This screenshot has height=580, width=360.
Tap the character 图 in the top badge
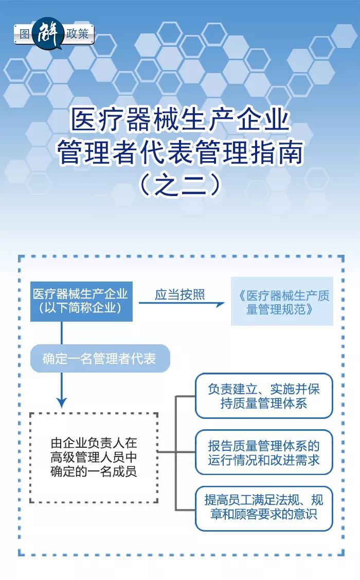[24, 34]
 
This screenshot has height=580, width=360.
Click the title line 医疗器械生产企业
[180, 119]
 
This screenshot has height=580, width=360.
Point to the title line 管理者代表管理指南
[180, 151]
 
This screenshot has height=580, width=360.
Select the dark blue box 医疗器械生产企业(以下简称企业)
[81, 302]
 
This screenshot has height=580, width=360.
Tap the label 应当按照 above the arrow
[179, 294]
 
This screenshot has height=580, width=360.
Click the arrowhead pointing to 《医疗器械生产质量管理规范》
[220, 305]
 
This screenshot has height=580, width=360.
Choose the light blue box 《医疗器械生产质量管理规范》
[282, 302]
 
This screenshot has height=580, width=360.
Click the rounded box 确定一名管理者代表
[100, 358]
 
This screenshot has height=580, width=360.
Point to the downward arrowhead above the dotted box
[62, 402]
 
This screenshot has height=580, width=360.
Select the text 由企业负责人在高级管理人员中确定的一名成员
[94, 457]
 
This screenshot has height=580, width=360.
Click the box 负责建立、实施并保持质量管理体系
[264, 396]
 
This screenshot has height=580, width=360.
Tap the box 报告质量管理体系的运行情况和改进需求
[264, 452]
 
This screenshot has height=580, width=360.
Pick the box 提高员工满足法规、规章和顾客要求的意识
[264, 508]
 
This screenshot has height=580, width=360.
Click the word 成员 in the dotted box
[125, 471]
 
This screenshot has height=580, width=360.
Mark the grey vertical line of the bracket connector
[176, 453]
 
